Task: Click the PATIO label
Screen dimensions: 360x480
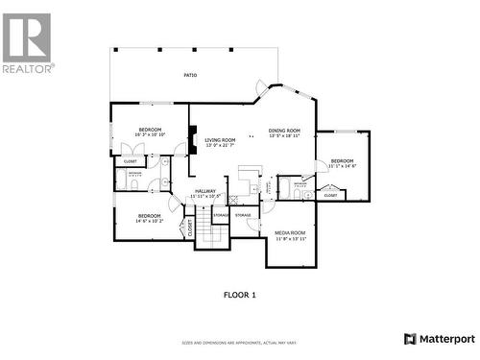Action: [x=191, y=75]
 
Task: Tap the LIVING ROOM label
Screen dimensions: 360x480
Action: [x=220, y=140]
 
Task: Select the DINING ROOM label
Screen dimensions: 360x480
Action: [x=284, y=131]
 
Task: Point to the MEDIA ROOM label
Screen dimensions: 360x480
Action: [x=290, y=232]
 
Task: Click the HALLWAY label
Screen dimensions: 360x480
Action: [x=205, y=191]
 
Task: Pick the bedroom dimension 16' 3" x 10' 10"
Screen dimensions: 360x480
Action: [x=151, y=134]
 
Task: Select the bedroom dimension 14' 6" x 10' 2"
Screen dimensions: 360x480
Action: [x=149, y=221]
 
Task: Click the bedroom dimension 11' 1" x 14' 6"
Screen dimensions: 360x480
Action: [x=342, y=166]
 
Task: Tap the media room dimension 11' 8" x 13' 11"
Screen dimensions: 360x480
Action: [x=290, y=238]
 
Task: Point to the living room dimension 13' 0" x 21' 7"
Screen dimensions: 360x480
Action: [x=220, y=146]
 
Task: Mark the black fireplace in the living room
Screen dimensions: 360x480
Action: [x=192, y=143]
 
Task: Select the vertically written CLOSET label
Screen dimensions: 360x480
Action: [x=190, y=228]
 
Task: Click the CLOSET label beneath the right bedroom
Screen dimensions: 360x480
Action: [x=330, y=195]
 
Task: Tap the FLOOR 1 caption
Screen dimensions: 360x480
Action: [x=239, y=294]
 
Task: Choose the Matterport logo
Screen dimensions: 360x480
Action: [x=439, y=338]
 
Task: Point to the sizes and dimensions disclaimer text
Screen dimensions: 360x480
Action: [x=239, y=343]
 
